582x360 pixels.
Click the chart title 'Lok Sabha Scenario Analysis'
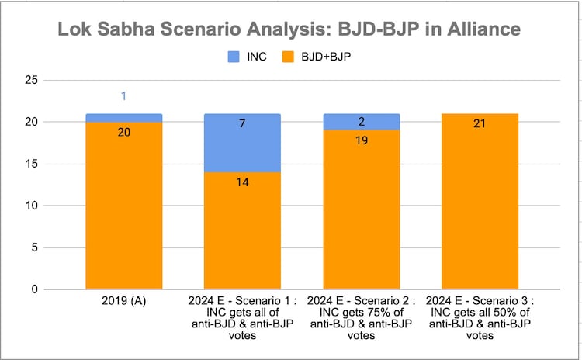[291, 29]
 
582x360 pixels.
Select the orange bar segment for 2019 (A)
[123, 206]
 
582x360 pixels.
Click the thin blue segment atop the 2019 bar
[123, 118]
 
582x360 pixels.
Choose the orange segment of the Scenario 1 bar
[241, 230]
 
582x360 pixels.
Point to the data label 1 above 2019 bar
[123, 96]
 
